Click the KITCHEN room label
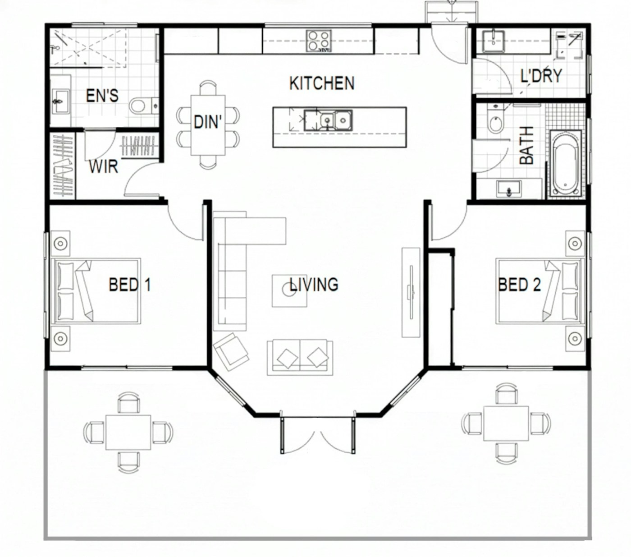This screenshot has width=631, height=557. [x=322, y=83]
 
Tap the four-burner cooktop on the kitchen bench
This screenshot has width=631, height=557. [x=318, y=41]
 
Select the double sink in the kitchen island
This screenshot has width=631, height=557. [x=328, y=120]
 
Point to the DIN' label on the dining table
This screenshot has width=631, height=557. [x=208, y=122]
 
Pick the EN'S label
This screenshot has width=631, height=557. [x=102, y=95]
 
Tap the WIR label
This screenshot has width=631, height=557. [x=103, y=167]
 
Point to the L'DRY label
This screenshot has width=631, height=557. [x=541, y=76]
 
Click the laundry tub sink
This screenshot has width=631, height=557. [x=494, y=41]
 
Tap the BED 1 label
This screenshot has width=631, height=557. [x=130, y=285]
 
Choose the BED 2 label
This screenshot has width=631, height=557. [x=520, y=285]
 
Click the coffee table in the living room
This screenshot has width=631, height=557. [x=289, y=291]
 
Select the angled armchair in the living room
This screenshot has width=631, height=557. [x=231, y=352]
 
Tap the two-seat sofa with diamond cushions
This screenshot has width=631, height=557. [x=300, y=357]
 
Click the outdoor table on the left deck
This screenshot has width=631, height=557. [x=128, y=433]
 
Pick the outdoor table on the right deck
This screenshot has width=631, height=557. [x=506, y=423]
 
